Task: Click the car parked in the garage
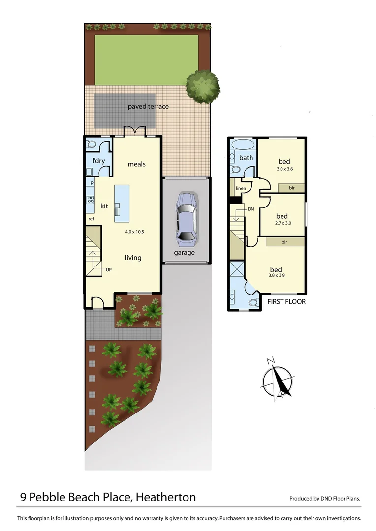(186, 219)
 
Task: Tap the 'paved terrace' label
(148, 106)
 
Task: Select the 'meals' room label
(137, 164)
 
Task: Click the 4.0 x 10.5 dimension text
(135, 232)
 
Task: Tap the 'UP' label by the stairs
(108, 269)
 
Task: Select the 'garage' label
(184, 253)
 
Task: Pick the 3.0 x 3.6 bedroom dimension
(284, 169)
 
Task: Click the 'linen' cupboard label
(241, 188)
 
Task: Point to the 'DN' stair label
(251, 209)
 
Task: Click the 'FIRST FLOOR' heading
(286, 301)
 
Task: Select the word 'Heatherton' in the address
(165, 497)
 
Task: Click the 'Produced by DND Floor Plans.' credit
(324, 498)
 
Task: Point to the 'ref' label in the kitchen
(91, 219)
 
